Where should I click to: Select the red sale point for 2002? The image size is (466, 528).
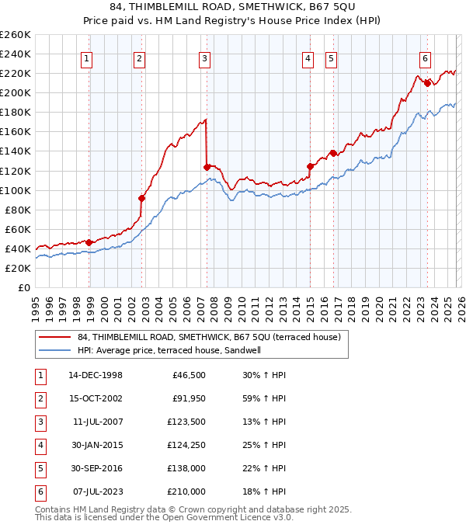click(x=142, y=197)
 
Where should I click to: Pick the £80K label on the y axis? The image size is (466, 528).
click(x=18, y=210)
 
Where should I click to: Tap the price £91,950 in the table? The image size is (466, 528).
click(x=188, y=398)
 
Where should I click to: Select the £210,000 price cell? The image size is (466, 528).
click(x=186, y=492)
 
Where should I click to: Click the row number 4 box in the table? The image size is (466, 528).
click(x=38, y=445)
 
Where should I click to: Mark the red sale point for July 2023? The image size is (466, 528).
click(x=427, y=82)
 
